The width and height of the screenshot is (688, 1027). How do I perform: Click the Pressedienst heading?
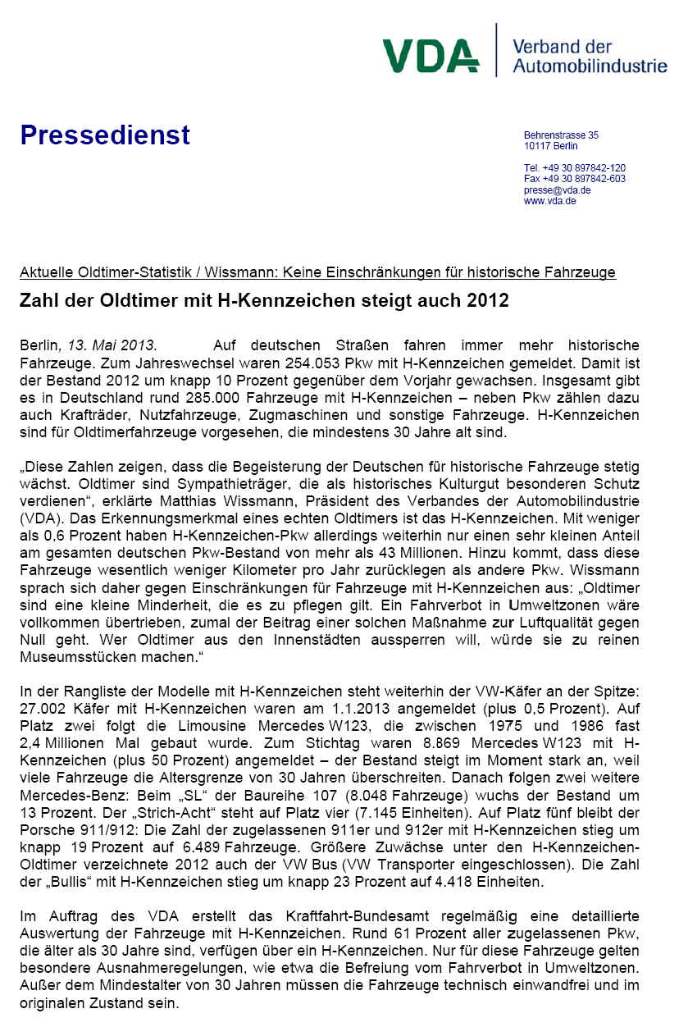coord(105,135)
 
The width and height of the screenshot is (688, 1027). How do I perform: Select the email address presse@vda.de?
coord(558,190)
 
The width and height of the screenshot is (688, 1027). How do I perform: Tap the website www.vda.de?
coord(550,201)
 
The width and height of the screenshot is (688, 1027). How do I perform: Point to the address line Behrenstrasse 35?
coord(562,135)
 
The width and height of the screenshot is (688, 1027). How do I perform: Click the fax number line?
coord(575,179)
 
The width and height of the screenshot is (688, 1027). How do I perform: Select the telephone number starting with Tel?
coord(575,168)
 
